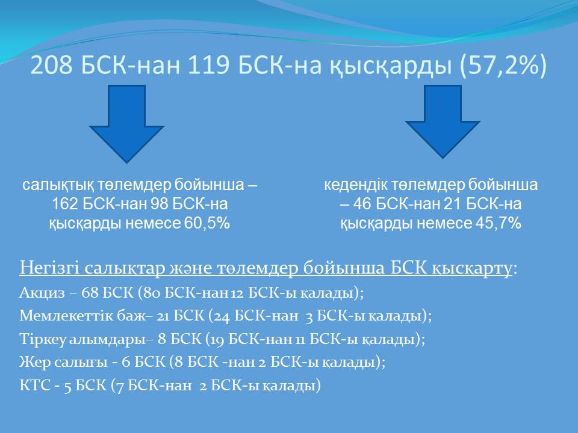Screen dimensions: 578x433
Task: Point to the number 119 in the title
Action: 209,66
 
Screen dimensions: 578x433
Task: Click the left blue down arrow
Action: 126,124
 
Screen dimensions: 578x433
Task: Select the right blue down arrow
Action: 443,121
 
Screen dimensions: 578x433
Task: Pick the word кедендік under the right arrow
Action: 356,185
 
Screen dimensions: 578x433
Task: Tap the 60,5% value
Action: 207,223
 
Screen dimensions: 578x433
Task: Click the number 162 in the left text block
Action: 65,204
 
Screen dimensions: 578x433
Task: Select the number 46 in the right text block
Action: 362,204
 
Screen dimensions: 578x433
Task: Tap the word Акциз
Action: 42,293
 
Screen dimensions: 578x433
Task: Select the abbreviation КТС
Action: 35,385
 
